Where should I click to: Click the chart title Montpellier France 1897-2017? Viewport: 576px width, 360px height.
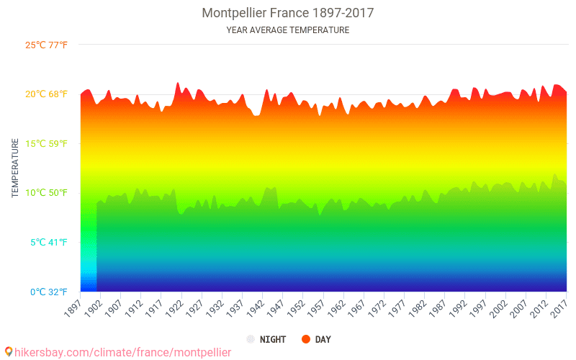click(287, 13)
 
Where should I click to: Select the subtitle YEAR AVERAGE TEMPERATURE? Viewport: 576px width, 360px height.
click(287, 30)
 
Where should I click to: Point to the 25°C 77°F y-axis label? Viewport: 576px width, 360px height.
click(46, 45)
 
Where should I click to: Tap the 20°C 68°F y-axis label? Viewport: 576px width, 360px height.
click(46, 94)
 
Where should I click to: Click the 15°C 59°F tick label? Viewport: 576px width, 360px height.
click(46, 143)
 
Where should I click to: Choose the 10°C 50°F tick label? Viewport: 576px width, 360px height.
click(46, 193)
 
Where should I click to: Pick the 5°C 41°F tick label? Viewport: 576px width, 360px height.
click(49, 243)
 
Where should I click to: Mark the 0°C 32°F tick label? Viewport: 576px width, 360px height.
click(49, 292)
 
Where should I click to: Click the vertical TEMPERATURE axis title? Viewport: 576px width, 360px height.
click(15, 168)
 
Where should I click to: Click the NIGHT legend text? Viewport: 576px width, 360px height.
click(273, 339)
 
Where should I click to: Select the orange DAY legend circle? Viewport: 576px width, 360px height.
click(305, 339)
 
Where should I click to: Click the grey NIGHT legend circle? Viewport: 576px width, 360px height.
click(251, 339)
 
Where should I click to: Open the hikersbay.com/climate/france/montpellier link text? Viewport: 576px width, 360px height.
click(122, 352)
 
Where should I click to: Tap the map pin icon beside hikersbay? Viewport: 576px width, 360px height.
click(9, 352)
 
